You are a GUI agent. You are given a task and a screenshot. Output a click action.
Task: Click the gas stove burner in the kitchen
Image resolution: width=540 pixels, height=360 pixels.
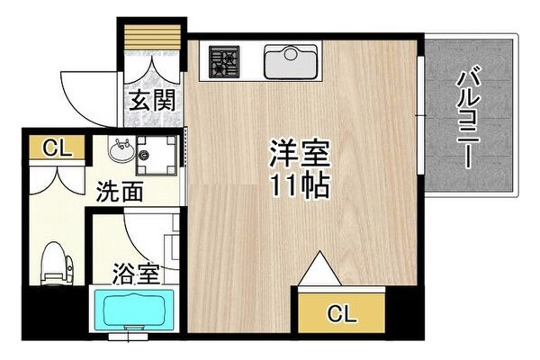pos(224,62)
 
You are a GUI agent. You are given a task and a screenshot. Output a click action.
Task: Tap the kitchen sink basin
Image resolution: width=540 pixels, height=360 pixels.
pos(291,62)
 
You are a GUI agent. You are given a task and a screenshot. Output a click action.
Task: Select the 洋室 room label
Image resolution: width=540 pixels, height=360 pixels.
pos(300,153)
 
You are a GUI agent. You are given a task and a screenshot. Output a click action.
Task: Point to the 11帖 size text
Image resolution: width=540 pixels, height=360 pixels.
pos(300,186)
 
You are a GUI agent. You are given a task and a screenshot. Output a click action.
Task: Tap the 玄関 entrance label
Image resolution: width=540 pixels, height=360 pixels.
pos(152,100)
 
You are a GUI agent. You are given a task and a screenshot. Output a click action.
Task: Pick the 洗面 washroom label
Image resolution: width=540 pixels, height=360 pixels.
pos(120,192)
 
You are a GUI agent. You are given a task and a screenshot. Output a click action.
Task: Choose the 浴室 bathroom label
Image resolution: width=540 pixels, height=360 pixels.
pos(136,274)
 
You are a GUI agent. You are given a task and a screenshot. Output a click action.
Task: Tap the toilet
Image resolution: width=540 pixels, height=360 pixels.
pos(56,264)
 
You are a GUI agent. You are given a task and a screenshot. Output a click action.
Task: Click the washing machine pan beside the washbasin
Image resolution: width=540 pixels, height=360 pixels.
pos(157,156)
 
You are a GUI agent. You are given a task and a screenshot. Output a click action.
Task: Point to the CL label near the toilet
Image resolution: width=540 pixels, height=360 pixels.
pos(57,148)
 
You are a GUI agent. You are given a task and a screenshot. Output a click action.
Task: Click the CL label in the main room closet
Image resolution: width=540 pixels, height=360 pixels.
pos(342,313)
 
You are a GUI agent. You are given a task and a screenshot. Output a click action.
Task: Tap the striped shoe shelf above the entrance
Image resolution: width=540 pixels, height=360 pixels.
pos(152,37)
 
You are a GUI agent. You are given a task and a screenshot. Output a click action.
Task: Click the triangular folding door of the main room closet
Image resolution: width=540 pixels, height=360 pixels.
pos(319,269)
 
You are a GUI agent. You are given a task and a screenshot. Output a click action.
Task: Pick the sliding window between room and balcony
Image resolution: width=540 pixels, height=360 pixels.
pos(420,115)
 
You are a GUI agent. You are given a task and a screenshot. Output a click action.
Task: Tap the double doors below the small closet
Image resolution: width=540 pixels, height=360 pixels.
pos(57,182)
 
